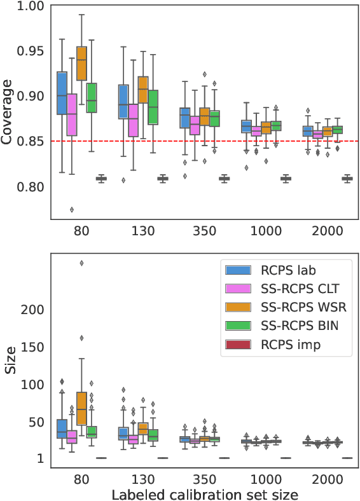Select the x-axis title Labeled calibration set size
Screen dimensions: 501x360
point(204,493)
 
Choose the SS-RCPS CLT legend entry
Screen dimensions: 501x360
point(292,289)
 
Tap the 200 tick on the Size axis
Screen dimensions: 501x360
point(34,310)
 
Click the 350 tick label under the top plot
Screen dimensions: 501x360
point(204,231)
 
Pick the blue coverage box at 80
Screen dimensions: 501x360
point(62,93)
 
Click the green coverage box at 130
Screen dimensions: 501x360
point(153,106)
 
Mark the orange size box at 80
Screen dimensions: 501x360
point(81,408)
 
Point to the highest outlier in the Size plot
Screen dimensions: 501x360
point(81,263)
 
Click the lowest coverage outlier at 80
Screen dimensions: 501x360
point(72,209)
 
